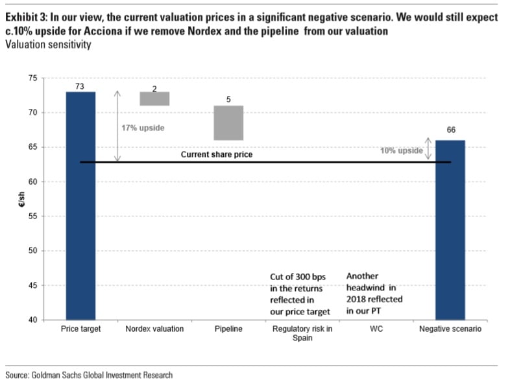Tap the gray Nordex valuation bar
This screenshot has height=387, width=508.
click(x=154, y=99)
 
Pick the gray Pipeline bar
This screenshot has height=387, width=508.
click(x=228, y=123)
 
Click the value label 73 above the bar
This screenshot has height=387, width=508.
click(x=81, y=86)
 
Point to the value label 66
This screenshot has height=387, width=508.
click(x=451, y=130)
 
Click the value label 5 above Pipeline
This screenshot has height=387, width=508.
click(x=228, y=100)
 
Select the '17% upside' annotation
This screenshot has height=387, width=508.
click(x=143, y=128)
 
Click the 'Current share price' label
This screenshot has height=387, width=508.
click(x=216, y=155)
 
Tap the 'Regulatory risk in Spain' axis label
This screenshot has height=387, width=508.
click(x=302, y=333)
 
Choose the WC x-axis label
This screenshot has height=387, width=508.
click(x=376, y=329)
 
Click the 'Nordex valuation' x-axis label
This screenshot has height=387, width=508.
click(x=154, y=329)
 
